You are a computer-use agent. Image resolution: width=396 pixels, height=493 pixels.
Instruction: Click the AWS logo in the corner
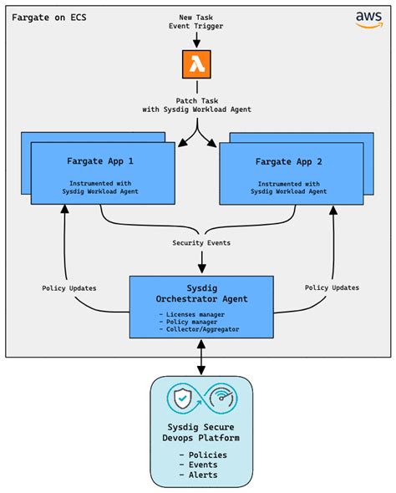[368, 18]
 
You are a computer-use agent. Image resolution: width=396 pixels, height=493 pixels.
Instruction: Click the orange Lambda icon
[198, 64]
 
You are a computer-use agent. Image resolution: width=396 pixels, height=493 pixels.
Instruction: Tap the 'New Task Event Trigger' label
[198, 22]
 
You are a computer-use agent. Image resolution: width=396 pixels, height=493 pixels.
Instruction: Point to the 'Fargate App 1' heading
[102, 161]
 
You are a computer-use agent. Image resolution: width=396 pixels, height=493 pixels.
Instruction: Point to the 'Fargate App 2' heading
[290, 161]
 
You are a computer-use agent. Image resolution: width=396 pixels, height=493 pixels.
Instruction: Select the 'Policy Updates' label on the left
[69, 288]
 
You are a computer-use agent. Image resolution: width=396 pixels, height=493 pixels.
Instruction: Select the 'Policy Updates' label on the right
[332, 288]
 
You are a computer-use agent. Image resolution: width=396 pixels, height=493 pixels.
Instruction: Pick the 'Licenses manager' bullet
[199, 314]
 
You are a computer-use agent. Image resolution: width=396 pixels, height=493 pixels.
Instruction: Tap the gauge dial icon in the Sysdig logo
[219, 400]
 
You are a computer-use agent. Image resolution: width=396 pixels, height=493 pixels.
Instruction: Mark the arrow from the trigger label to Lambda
[198, 40]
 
